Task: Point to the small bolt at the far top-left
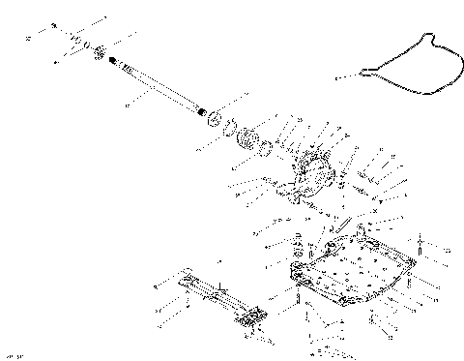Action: coord(53,24)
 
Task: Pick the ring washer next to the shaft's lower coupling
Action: coord(223,124)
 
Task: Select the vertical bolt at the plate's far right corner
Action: coord(422,243)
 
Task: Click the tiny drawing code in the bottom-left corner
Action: coord(14,355)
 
